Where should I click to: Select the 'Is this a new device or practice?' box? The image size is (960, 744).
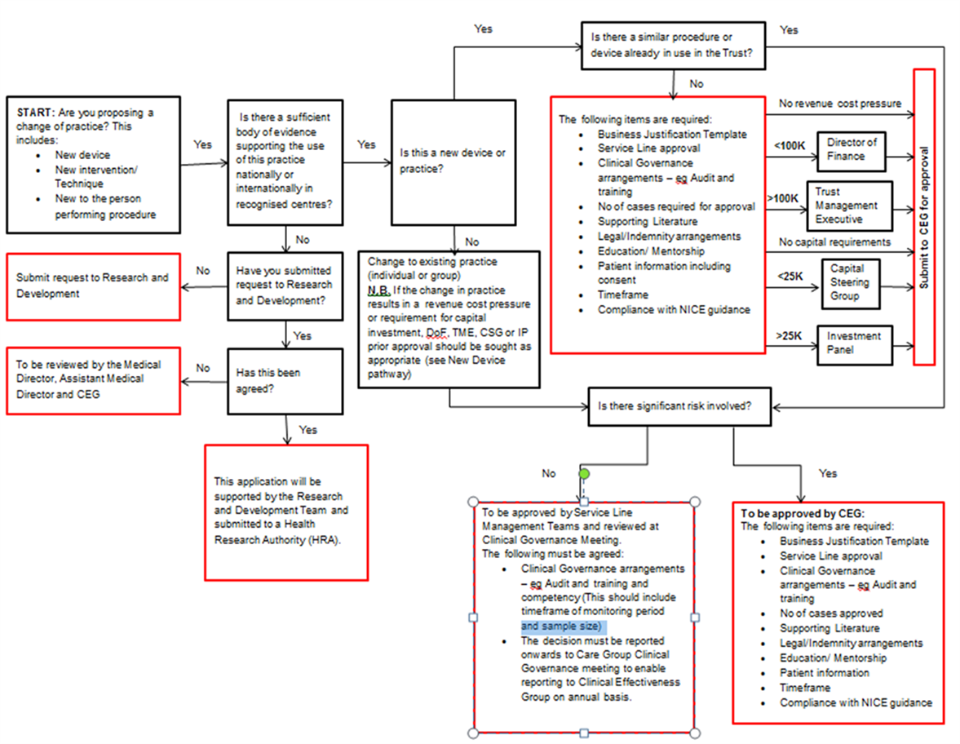coord(453,163)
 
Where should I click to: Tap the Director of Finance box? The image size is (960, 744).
coord(852,151)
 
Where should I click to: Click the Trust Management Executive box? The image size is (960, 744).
coord(850,206)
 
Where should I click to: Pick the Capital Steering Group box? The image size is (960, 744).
coord(851,284)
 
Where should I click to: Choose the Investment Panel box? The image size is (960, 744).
coord(854,345)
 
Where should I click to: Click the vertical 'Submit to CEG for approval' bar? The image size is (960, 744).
coord(924,217)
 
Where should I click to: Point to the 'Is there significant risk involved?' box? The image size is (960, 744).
coord(679,406)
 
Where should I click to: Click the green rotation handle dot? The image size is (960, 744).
coord(584,473)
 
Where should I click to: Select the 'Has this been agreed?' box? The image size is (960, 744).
coord(285,382)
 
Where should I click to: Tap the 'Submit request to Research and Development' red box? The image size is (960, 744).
coord(94,286)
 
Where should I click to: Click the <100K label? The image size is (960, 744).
coord(790,146)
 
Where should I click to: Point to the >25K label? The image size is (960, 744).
coord(790,335)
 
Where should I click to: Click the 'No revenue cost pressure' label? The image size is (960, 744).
coord(840,104)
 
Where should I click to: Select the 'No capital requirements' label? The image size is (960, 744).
coord(834,241)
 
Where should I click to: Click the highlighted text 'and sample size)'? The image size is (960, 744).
coord(562,626)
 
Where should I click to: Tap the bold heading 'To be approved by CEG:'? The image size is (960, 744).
coord(803,513)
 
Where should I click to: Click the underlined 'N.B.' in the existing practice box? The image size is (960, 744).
coord(379,290)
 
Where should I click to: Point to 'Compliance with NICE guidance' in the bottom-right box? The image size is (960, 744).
coord(856,702)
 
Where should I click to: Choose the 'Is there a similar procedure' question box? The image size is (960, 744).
coord(673,46)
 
